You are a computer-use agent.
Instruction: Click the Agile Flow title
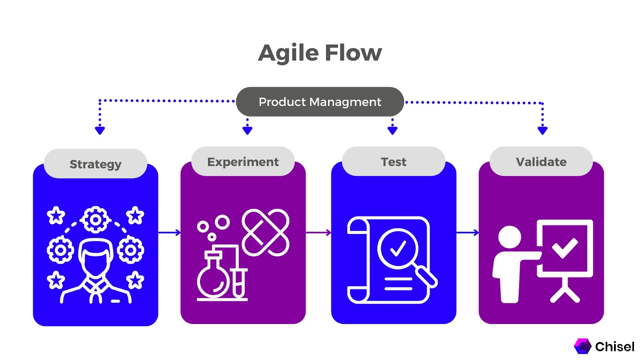(320, 53)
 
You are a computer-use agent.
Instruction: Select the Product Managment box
(320, 102)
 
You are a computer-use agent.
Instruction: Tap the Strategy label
(95, 164)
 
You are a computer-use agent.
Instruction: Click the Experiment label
(243, 162)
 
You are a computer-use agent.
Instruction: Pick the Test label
(394, 162)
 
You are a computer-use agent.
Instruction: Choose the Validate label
(541, 162)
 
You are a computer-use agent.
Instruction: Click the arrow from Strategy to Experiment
(169, 232)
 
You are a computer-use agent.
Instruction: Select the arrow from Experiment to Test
(318, 232)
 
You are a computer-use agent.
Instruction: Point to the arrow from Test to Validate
(467, 232)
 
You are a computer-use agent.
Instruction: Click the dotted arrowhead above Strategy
(100, 130)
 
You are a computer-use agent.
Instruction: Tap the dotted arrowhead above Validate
(542, 130)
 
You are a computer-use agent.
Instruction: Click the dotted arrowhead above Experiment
(247, 130)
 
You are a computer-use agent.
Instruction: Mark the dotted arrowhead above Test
(392, 130)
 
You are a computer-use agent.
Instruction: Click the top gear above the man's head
(95, 220)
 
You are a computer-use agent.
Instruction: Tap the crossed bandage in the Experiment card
(266, 232)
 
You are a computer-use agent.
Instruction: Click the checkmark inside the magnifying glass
(398, 248)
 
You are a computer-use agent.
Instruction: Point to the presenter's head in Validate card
(510, 237)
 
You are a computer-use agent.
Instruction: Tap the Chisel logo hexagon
(582, 346)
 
